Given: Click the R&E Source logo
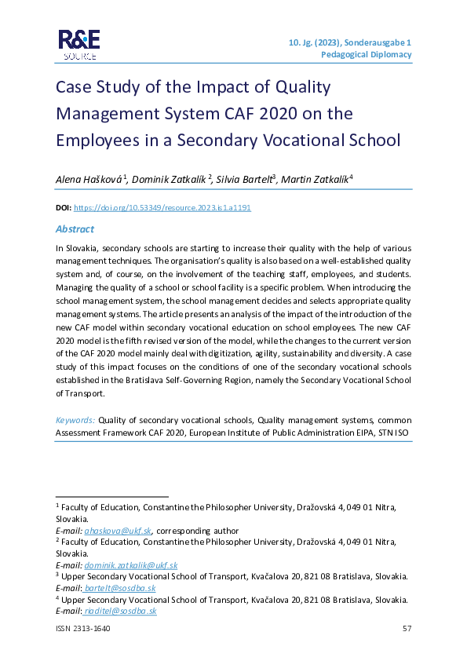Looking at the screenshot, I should (77, 45).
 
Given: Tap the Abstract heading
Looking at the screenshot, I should (75, 228).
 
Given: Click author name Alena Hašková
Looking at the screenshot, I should (87, 179).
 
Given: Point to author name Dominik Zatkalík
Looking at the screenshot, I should (168, 179).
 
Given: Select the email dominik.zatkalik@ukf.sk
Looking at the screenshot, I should (133, 565).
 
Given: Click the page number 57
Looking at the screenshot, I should (407, 629).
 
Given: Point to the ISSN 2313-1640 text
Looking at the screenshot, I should (82, 629).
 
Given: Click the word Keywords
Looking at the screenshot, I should (75, 420).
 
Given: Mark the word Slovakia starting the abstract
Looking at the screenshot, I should (81, 248).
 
